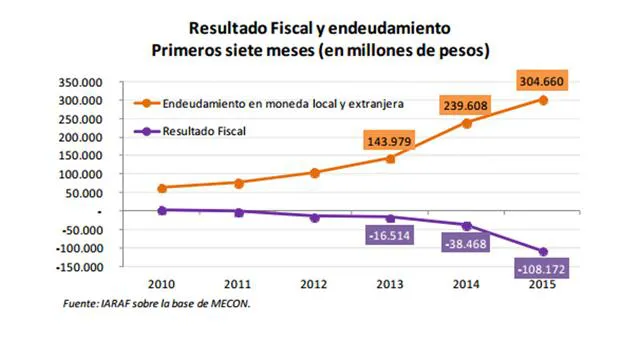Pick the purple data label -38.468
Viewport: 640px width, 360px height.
pos(466,242)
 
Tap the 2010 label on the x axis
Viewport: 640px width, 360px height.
pos(161,284)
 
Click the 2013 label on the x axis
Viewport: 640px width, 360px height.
pos(390,284)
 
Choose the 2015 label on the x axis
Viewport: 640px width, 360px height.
pos(543,284)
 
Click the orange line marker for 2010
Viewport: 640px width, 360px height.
pos(161,188)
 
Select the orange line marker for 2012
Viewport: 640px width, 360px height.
pos(314,173)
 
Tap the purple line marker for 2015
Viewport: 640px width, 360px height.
pos(543,251)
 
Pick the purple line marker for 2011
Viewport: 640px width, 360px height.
pos(238,212)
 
